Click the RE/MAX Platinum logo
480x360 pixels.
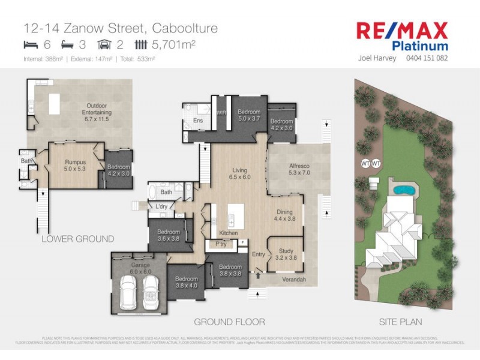coord(402,36)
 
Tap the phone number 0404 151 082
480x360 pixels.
coord(427,59)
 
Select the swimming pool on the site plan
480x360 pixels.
coord(403,190)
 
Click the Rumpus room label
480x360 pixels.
coord(76,164)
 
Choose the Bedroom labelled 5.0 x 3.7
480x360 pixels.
coord(248,115)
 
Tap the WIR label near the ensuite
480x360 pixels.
coord(221,112)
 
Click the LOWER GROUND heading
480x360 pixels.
coord(77,239)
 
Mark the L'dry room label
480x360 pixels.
coord(161,207)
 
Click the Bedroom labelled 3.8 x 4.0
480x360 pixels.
coord(186,283)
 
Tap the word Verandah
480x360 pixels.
coord(293,280)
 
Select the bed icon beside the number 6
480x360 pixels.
coord(31,44)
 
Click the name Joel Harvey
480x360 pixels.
coord(377,59)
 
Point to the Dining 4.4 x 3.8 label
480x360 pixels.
coord(284,215)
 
